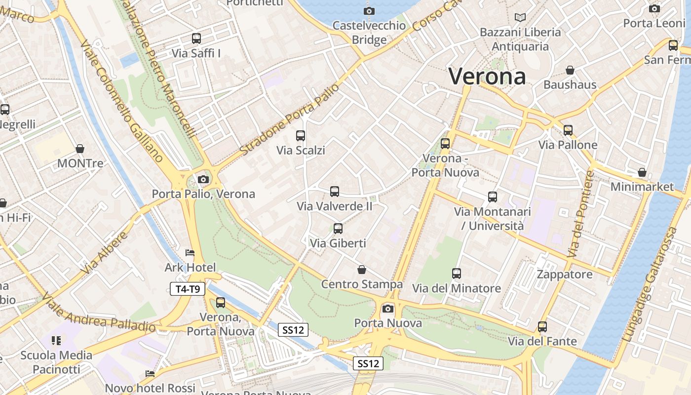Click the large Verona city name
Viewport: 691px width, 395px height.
487,77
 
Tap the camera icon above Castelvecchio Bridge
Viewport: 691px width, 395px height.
369,11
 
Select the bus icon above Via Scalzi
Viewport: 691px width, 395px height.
300,136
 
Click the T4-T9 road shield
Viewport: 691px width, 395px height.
188,289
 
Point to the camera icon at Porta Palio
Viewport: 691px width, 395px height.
203,179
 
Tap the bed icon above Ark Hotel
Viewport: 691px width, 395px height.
190,253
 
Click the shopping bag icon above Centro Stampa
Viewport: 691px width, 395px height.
362,270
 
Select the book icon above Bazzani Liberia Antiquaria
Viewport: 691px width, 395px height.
520,17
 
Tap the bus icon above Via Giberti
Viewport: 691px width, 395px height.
338,229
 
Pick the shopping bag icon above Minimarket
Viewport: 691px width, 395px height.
642,172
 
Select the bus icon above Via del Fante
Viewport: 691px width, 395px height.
542,327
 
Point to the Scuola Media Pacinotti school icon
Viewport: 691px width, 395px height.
56,340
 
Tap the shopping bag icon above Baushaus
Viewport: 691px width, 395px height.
570,70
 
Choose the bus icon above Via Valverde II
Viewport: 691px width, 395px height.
335,192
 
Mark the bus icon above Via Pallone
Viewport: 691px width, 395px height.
568,130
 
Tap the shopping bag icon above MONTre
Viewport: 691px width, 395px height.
80,149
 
